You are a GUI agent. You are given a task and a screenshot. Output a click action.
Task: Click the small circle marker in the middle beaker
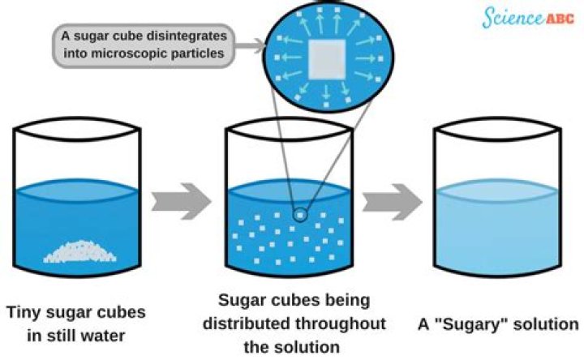point(300,214)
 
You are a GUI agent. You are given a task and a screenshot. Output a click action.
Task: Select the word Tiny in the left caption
point(25,312)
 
